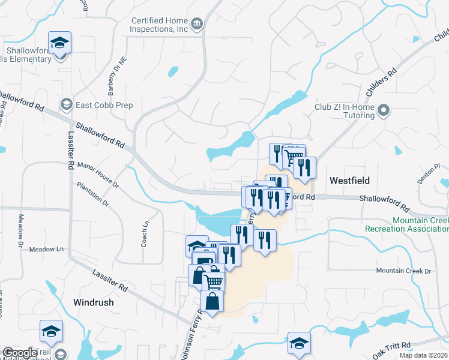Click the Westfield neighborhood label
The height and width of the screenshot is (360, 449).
[x=349, y=180]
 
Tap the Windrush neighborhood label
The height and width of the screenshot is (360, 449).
[x=93, y=302]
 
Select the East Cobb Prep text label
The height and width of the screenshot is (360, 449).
[x=104, y=105]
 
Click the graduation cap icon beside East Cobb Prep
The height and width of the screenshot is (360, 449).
[x=66, y=105]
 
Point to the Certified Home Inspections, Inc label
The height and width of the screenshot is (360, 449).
[x=159, y=25]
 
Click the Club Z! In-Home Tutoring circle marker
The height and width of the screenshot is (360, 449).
[x=386, y=110]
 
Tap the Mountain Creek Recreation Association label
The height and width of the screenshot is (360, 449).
[x=407, y=224]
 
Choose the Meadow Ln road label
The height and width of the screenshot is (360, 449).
[x=46, y=249]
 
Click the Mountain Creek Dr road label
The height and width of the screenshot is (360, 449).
[x=403, y=271]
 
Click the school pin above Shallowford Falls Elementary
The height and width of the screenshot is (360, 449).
[x=60, y=43]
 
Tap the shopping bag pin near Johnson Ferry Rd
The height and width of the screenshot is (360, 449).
[x=213, y=302]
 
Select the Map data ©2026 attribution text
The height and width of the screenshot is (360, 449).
[x=425, y=355]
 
